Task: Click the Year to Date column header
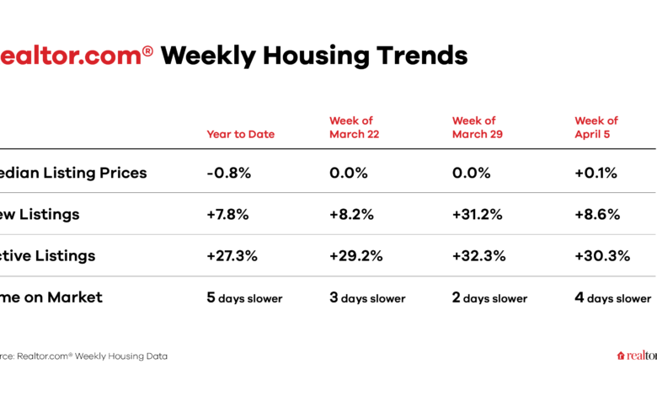240,134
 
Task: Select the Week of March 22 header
351,127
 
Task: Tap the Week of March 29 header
474,127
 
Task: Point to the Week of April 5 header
596,127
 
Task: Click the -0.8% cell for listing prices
227,173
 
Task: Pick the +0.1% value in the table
596,173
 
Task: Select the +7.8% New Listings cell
227,214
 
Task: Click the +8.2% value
350,214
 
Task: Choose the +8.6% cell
597,214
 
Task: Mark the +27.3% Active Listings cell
232,255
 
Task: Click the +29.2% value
355,255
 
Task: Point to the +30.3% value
601,255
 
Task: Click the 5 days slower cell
244,297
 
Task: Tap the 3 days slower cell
367,297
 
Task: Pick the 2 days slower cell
490,297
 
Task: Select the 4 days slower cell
613,297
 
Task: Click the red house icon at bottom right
622,356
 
